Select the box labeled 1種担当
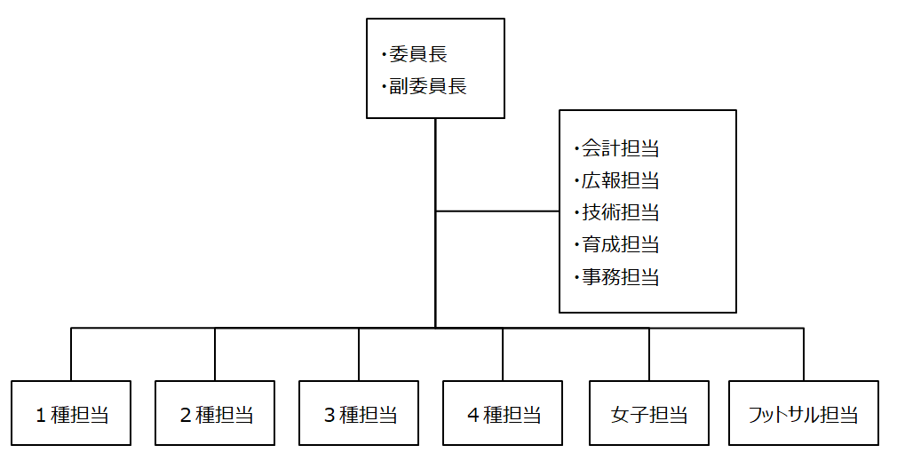[71, 413]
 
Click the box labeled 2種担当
[215, 413]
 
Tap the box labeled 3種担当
[359, 413]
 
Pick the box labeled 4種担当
[503, 413]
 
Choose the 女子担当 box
[649, 413]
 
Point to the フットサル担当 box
[804, 413]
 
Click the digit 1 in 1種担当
[41, 415]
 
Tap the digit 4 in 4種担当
[472, 415]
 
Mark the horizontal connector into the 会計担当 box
[497, 211]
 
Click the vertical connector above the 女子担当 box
[649, 354]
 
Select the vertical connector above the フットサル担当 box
[804, 354]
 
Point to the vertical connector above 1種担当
[71, 354]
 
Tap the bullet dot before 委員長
[385, 55]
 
